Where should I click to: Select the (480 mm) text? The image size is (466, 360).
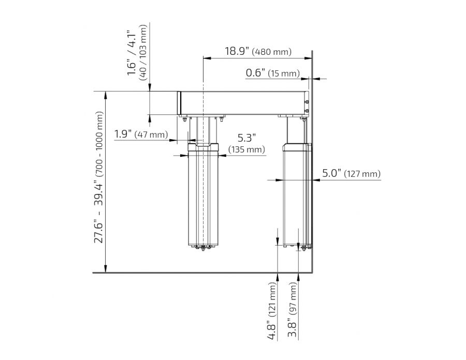click(x=272, y=52)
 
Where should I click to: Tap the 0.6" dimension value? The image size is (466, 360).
click(x=256, y=73)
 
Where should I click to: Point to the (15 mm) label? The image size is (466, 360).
click(x=284, y=74)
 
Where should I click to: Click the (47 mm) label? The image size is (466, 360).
click(x=151, y=135)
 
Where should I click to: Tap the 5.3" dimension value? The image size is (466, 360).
click(x=247, y=138)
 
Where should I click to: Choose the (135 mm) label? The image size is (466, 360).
click(x=246, y=150)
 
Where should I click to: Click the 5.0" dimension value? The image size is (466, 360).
click(x=331, y=173)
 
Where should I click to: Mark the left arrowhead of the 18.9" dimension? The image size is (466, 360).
click(x=206, y=58)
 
